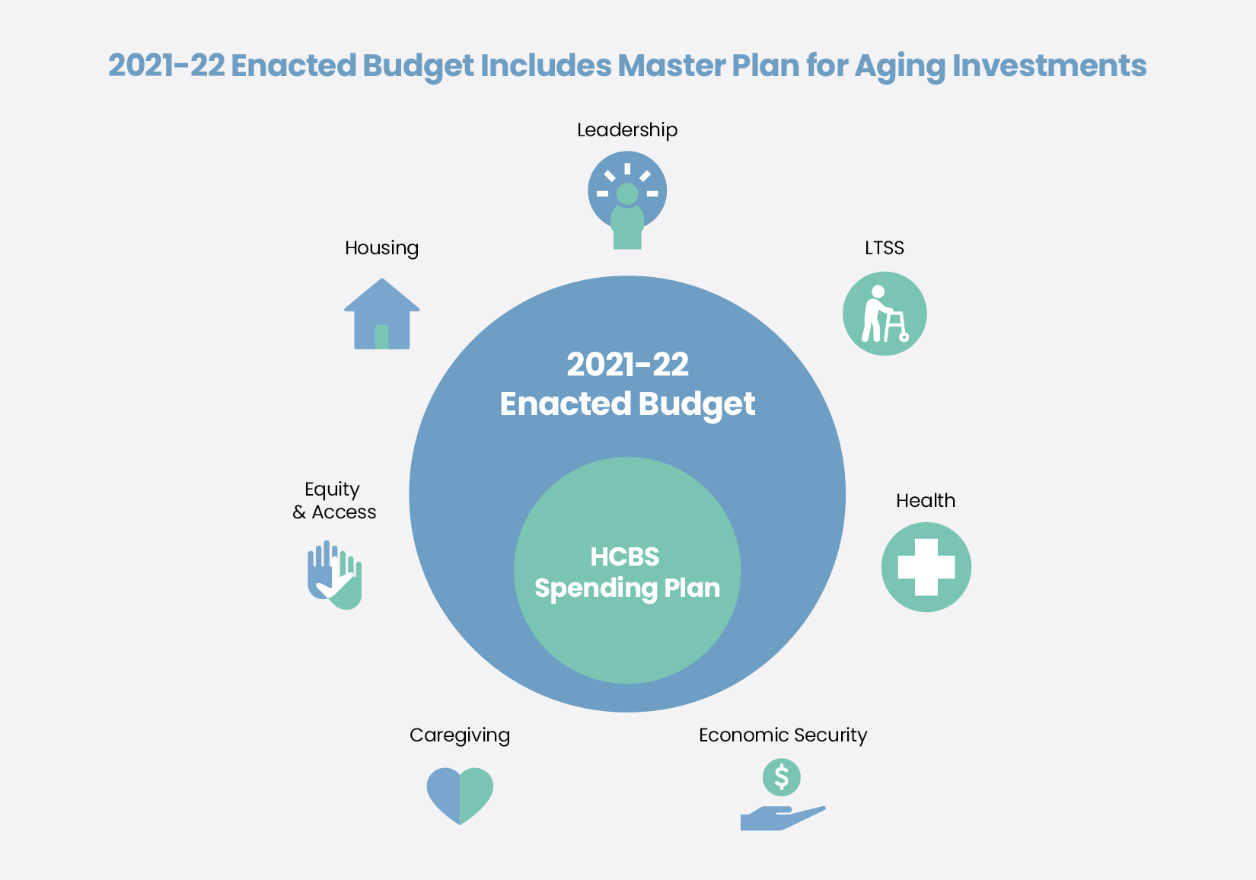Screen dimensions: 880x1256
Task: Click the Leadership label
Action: click(x=626, y=130)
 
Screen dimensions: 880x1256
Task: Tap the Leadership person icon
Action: click(x=627, y=199)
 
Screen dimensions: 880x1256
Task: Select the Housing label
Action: click(x=381, y=248)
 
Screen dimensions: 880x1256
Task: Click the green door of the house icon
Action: click(x=382, y=336)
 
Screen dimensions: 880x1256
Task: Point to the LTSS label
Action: click(x=884, y=248)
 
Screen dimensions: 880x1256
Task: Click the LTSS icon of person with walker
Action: click(x=885, y=314)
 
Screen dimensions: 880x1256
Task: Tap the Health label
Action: click(x=925, y=501)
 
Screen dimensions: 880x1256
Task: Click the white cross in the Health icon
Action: click(x=926, y=567)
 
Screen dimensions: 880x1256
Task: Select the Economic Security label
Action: click(x=783, y=735)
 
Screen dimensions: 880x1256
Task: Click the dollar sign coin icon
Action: click(x=781, y=777)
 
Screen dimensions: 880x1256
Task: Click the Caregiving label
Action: click(x=459, y=735)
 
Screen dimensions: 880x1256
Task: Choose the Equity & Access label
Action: click(x=333, y=501)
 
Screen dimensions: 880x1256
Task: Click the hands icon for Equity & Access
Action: click(x=334, y=576)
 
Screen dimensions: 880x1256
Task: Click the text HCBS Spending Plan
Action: click(x=626, y=572)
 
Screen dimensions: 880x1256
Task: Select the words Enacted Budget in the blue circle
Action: click(x=627, y=404)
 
